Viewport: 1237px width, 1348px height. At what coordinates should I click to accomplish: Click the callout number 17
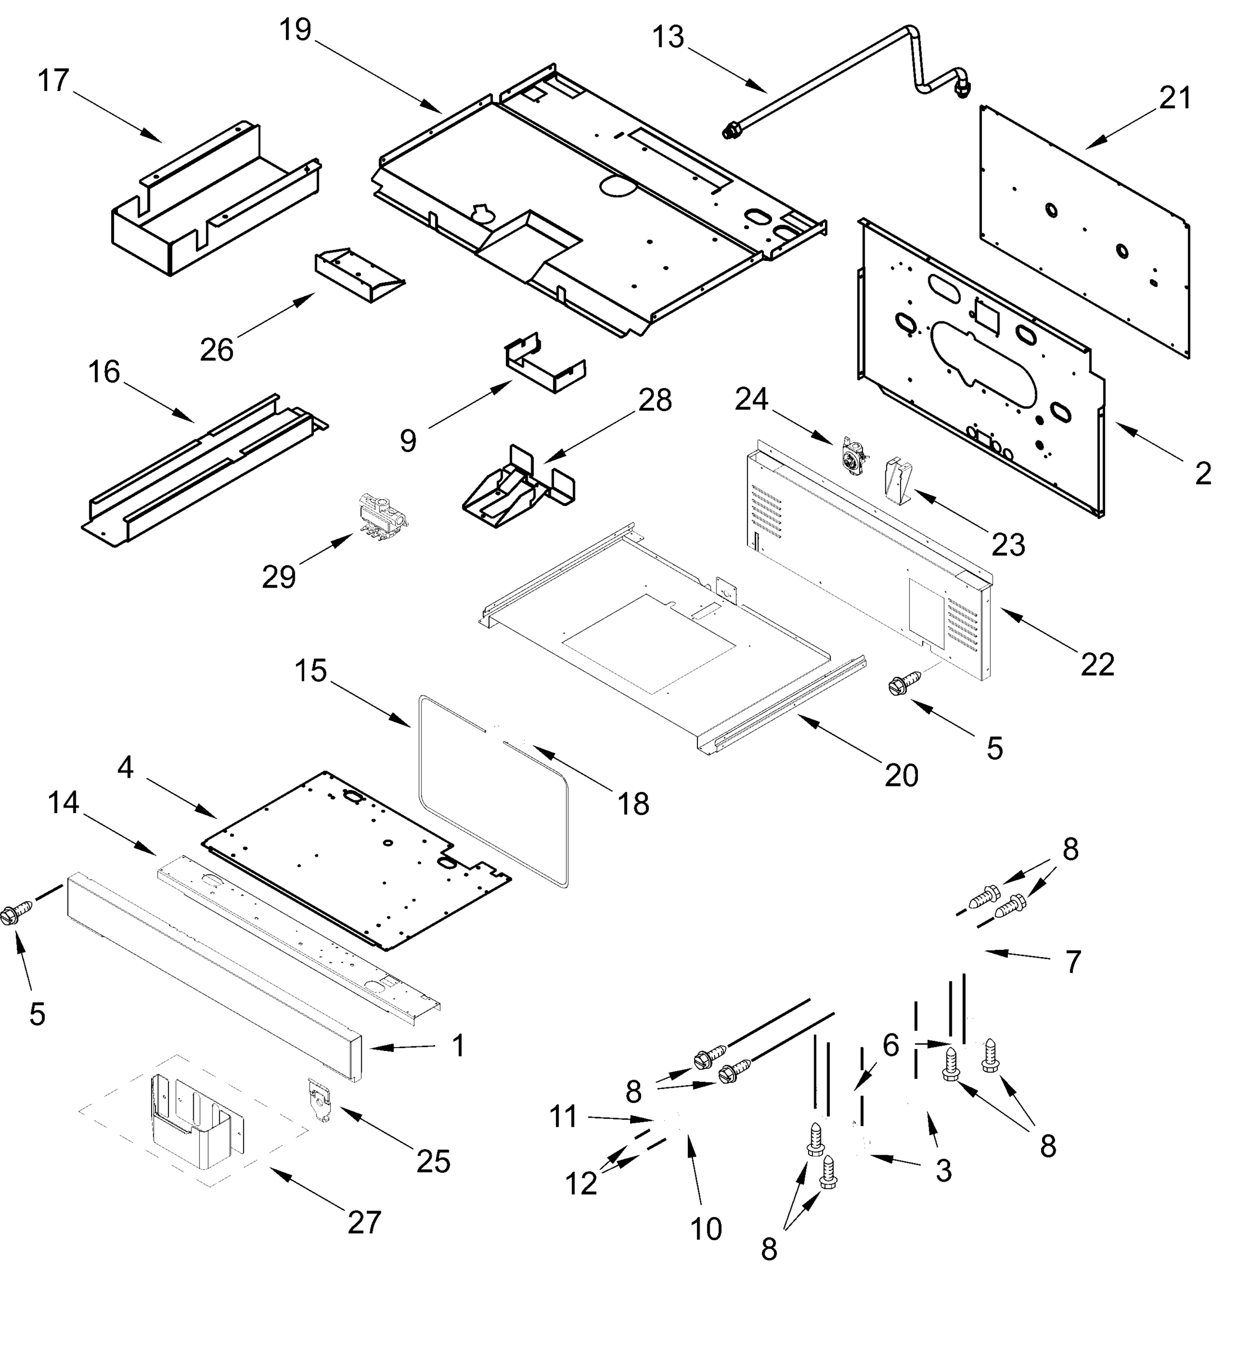tap(53, 81)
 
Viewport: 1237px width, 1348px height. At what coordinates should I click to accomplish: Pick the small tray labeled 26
tap(359, 275)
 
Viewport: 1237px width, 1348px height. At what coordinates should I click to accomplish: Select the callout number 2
tap(1203, 474)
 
